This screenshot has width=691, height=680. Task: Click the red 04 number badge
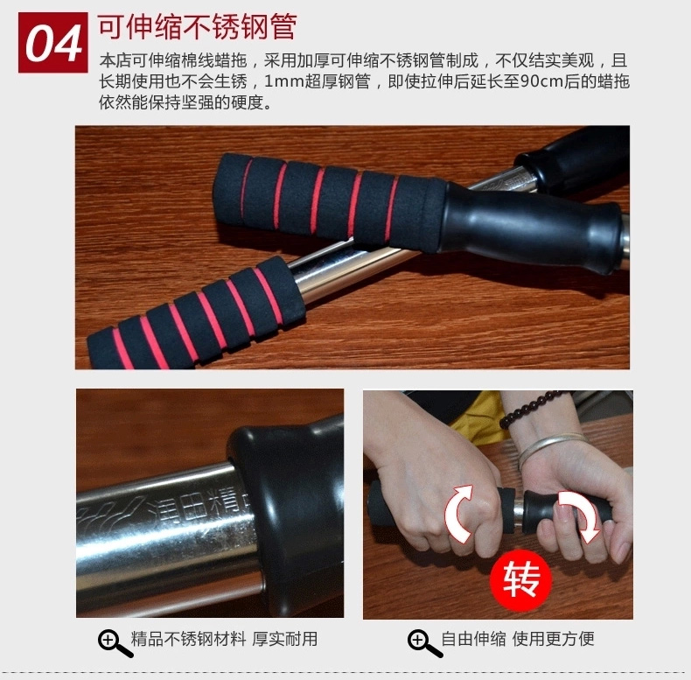52,42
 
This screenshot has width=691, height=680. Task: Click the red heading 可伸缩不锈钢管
197,27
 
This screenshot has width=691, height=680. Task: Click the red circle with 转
521,580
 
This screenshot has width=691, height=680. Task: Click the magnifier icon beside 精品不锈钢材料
115,644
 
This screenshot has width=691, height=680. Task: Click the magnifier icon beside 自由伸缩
425,644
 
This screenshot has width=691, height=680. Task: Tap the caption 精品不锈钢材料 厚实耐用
224,639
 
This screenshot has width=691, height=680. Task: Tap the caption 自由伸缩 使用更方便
518,639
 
